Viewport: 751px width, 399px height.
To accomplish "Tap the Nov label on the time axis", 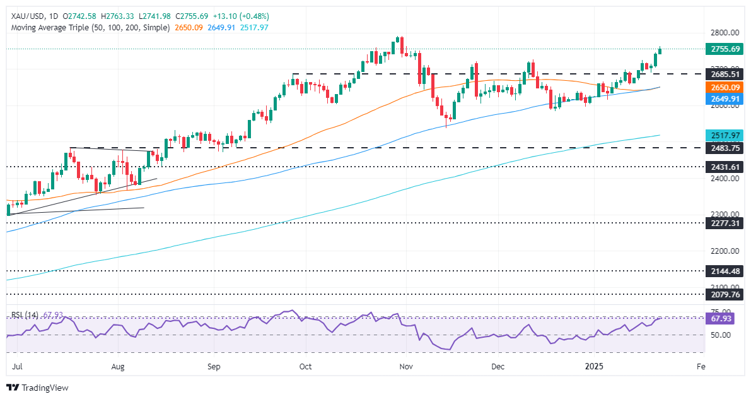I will click(x=406, y=366).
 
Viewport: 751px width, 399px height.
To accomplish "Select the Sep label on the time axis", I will click(x=214, y=366).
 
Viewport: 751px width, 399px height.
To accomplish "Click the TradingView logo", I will click(x=38, y=388).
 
